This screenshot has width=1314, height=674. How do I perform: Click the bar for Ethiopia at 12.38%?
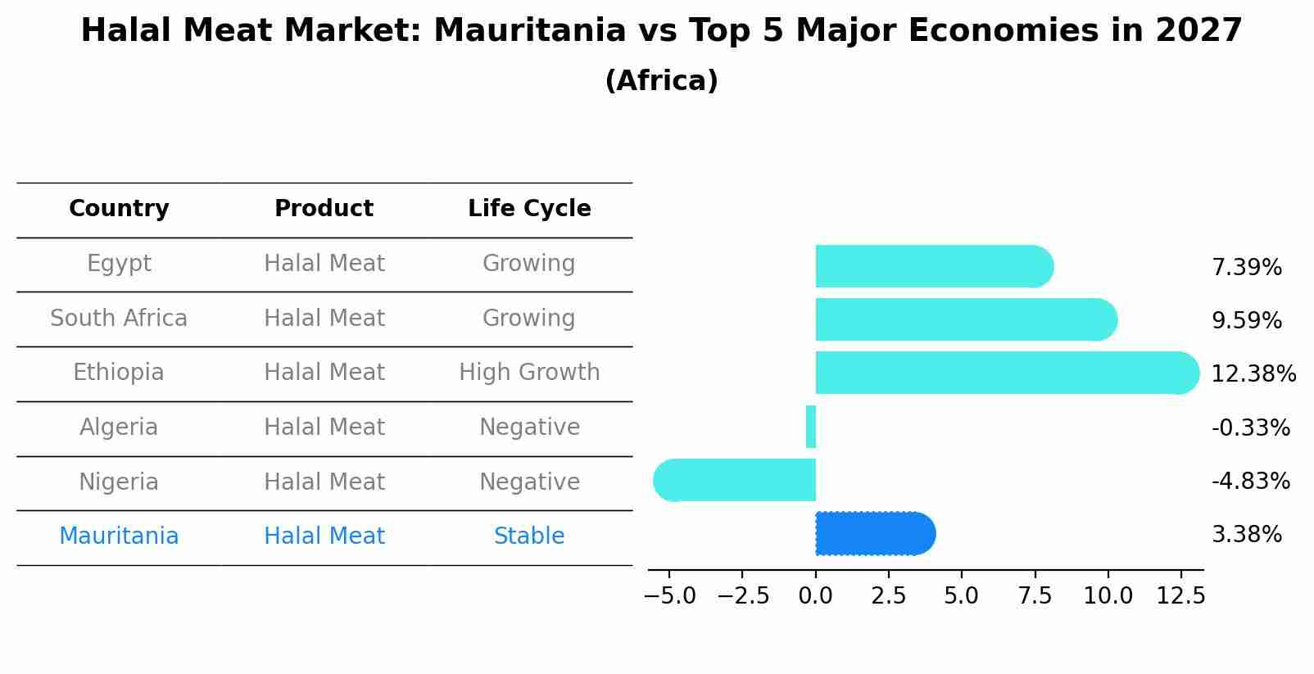pyautogui.click(x=1006, y=373)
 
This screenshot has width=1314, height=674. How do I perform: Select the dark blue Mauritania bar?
pyautogui.click(x=875, y=534)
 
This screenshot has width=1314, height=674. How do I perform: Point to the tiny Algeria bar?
pyautogui.click(x=811, y=427)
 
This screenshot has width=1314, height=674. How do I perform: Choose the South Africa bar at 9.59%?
pyautogui.click(x=966, y=319)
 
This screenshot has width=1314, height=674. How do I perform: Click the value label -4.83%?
pyautogui.click(x=1250, y=482)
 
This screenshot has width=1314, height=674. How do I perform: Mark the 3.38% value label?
pyautogui.click(x=1246, y=535)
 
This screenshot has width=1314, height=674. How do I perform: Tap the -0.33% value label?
pyautogui.click(x=1250, y=427)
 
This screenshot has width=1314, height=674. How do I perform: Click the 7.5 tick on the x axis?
pyautogui.click(x=1035, y=596)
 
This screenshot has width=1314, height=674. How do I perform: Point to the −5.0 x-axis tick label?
pyautogui.click(x=669, y=596)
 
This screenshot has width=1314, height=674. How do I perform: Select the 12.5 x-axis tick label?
pyautogui.click(x=1180, y=596)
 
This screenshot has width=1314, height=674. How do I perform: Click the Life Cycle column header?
pyautogui.click(x=529, y=209)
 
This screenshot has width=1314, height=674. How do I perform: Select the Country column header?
pyautogui.click(x=119, y=209)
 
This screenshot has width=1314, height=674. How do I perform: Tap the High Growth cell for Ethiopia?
pyautogui.click(x=529, y=373)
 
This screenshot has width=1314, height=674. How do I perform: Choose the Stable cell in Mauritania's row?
pyautogui.click(x=529, y=536)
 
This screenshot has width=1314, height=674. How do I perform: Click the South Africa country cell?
pyautogui.click(x=119, y=319)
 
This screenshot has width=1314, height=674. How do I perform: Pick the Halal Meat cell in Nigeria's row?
pyautogui.click(x=324, y=482)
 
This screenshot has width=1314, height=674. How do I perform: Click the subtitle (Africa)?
pyautogui.click(x=661, y=81)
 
